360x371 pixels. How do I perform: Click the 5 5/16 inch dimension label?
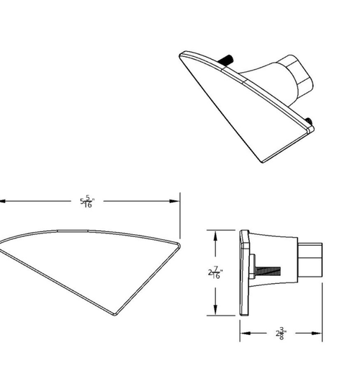(x=87, y=202)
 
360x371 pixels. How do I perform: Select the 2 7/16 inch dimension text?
(x=215, y=272)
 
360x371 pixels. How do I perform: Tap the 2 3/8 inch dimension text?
(x=281, y=334)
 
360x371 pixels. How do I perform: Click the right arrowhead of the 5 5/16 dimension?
(x=174, y=201)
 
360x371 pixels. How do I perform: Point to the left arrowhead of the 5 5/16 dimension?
(x=2, y=201)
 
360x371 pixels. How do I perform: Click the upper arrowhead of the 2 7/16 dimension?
(x=215, y=236)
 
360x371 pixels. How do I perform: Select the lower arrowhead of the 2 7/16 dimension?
(x=215, y=310)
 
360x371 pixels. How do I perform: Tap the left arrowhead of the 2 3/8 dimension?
(x=246, y=334)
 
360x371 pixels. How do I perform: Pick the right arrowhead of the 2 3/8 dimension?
(x=317, y=334)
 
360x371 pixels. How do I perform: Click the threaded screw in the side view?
(x=268, y=271)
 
